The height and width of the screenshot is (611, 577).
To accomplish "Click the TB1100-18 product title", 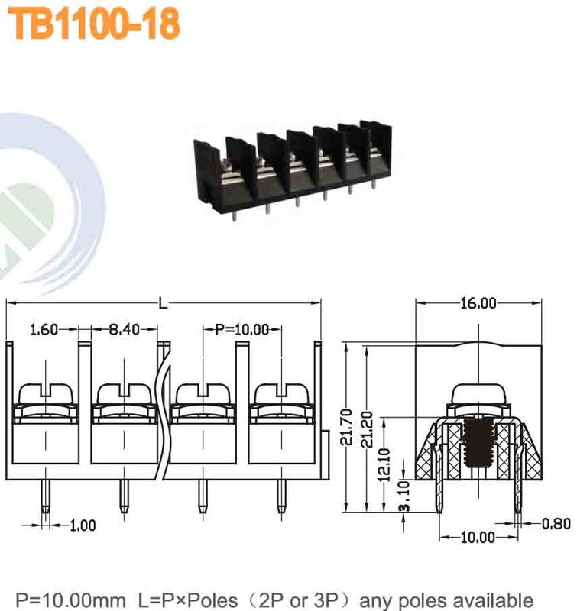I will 94,24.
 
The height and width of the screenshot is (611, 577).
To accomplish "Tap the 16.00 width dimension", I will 478,303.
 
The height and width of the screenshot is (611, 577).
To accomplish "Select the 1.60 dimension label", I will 43,330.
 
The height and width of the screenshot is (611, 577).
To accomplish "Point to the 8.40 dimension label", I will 123,330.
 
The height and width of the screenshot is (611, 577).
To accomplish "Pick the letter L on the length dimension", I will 163,303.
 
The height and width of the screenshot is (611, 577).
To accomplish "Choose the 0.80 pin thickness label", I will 555,524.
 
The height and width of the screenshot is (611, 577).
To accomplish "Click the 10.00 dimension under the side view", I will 478,537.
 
